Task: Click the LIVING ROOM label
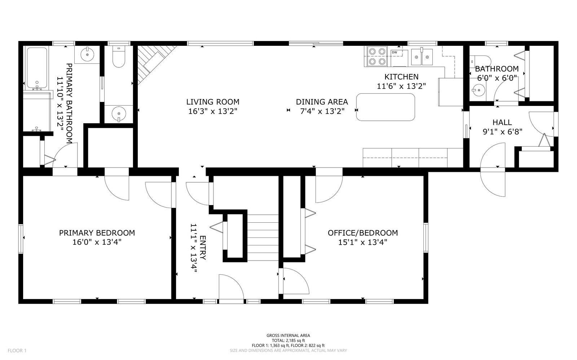tap(213, 102)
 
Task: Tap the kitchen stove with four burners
tap(377, 57)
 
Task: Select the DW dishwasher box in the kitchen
tap(399, 58)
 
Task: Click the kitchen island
tap(386, 107)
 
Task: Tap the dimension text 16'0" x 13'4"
tap(97, 242)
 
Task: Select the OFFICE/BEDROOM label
tap(362, 233)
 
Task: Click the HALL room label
tap(502, 123)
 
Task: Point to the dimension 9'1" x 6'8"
tap(502, 132)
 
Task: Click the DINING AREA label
tap(322, 102)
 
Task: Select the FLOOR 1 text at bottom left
tap(17, 350)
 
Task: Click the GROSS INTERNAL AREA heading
tap(288, 335)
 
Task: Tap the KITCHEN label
tap(401, 77)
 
